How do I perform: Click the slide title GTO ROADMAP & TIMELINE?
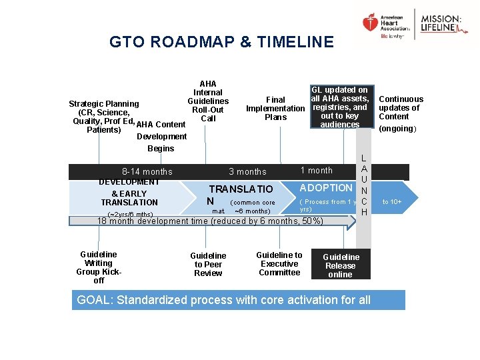(x=221, y=42)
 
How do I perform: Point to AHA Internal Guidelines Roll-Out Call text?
(x=208, y=101)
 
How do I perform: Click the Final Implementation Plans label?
(x=275, y=109)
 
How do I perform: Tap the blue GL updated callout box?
(x=340, y=107)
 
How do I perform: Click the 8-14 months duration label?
(x=143, y=171)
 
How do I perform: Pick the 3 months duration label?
(x=247, y=171)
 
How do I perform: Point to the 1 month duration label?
(x=316, y=171)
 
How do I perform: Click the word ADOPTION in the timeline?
(x=326, y=188)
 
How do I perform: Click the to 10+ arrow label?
(x=391, y=201)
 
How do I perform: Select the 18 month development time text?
(x=210, y=221)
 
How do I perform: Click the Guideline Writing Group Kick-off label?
(x=99, y=267)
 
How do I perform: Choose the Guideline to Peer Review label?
(x=208, y=264)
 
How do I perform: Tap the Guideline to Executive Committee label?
(x=279, y=263)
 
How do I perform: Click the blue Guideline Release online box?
(x=340, y=265)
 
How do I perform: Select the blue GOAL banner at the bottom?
(x=238, y=300)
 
